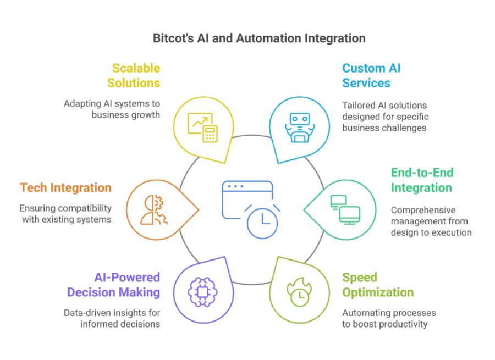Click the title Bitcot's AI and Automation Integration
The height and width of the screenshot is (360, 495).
pos(258,38)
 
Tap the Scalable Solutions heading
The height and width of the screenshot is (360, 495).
pos(135,76)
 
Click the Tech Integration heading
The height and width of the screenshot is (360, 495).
pos(65,188)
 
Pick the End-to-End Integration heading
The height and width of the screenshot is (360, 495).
pos(422,180)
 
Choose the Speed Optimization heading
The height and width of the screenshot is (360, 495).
pos(377,285)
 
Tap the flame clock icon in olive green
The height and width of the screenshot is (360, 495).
pos(298,292)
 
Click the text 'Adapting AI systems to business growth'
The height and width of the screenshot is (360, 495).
pos(112,109)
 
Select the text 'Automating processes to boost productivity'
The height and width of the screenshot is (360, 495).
pos(389,318)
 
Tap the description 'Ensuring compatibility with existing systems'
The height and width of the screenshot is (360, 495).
pos(65,214)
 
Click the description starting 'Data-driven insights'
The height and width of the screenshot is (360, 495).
pos(111,318)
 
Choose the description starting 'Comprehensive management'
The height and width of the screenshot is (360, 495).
pos(431,221)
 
